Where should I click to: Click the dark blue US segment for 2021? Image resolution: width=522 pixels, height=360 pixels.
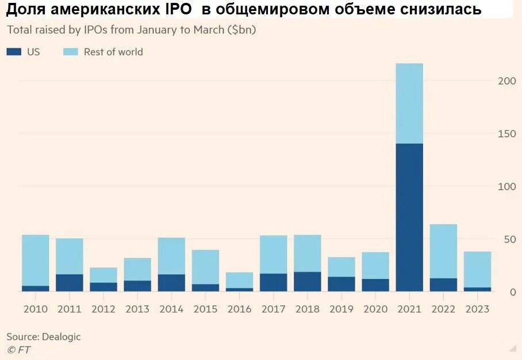pyautogui.click(x=409, y=217)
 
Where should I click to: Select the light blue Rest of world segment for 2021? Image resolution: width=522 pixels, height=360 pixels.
pyautogui.click(x=409, y=104)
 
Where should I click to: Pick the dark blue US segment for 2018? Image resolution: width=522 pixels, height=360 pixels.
pyautogui.click(x=307, y=282)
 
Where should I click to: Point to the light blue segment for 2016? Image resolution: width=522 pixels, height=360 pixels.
pyautogui.click(x=239, y=280)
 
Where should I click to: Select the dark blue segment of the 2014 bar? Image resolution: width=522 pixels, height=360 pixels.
pyautogui.click(x=171, y=283)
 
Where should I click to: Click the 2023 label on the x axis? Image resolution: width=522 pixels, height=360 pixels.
pyautogui.click(x=477, y=309)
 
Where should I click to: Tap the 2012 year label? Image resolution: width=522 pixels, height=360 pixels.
pyautogui.click(x=103, y=309)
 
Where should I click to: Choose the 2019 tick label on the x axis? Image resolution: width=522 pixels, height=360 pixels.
pyautogui.click(x=341, y=309)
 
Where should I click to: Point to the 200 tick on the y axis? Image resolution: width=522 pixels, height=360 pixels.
pyautogui.click(x=506, y=81)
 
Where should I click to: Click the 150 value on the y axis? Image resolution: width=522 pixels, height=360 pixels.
pyautogui.click(x=506, y=134)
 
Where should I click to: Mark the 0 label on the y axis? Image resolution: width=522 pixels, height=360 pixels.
pyautogui.click(x=513, y=292)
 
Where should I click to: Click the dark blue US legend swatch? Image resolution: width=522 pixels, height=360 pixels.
pyautogui.click(x=14, y=52)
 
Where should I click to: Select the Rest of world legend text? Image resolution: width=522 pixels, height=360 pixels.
pyautogui.click(x=113, y=52)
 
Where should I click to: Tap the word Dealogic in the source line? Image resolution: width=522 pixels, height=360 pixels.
pyautogui.click(x=60, y=337)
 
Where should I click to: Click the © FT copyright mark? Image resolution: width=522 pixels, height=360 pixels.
pyautogui.click(x=18, y=349)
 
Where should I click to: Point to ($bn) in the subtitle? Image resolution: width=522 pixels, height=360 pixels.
pyautogui.click(x=241, y=30)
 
